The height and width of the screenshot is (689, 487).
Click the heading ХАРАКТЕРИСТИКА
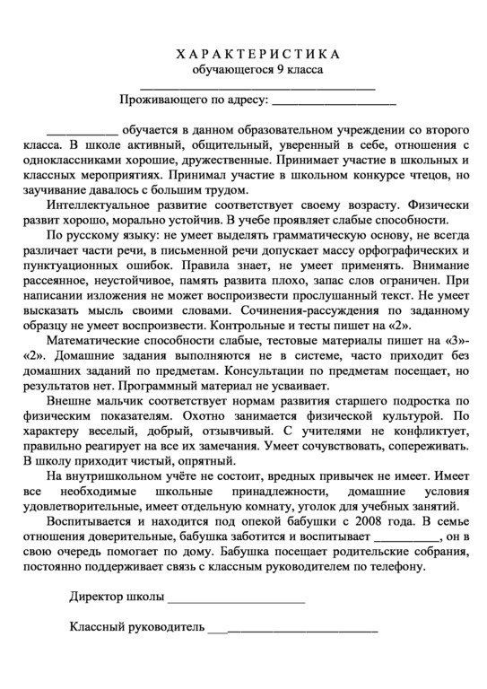click(x=244, y=53)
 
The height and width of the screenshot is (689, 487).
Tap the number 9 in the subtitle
click(x=284, y=69)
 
